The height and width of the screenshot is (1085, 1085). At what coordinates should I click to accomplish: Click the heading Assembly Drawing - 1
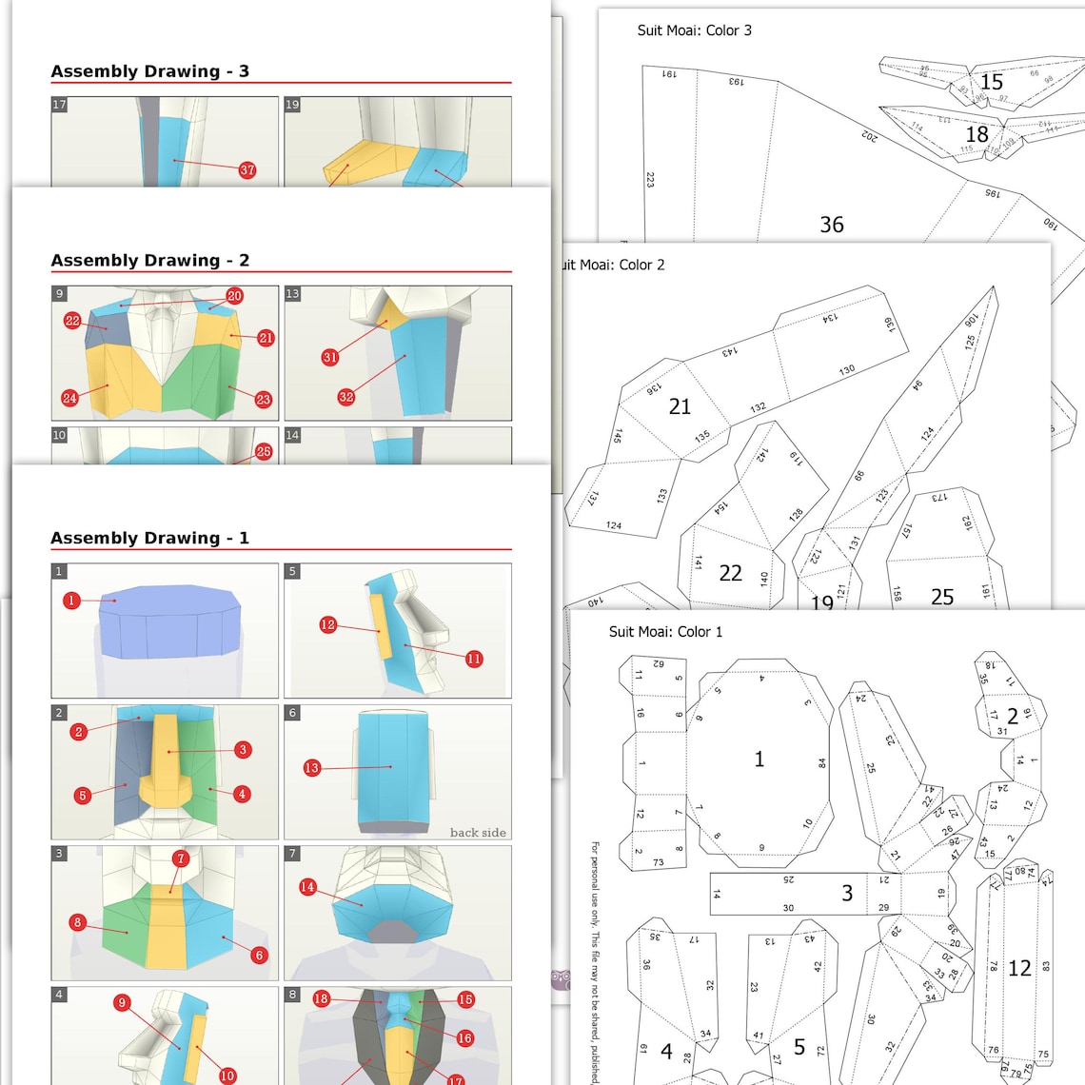[149, 538]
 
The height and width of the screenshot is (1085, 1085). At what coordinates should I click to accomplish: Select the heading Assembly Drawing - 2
[149, 260]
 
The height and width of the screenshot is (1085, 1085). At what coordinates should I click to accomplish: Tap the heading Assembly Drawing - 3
[149, 71]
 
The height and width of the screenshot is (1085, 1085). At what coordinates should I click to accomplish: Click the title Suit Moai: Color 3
[694, 30]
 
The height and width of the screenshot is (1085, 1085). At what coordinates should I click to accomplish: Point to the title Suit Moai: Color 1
[665, 632]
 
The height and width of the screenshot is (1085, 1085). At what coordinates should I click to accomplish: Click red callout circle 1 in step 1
[71, 600]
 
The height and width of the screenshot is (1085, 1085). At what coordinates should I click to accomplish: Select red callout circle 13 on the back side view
[312, 767]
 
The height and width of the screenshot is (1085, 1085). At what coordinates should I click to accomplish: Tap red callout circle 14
[307, 887]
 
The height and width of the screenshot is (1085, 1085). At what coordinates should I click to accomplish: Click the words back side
[478, 832]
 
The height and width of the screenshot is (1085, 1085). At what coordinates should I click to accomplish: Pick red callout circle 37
[247, 169]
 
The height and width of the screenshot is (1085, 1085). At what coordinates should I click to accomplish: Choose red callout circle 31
[329, 357]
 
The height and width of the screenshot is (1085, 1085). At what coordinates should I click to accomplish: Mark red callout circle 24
[69, 398]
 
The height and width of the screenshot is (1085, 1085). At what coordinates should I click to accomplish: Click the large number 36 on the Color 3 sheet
[831, 225]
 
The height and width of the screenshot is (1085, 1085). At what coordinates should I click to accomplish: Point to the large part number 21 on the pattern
[680, 406]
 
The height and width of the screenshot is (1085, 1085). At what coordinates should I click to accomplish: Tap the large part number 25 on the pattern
[941, 597]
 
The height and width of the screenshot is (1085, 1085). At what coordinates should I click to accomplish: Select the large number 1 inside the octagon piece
[759, 759]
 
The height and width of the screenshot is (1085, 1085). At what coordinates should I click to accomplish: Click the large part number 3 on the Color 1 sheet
[846, 893]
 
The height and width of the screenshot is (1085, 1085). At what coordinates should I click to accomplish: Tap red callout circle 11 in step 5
[473, 658]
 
